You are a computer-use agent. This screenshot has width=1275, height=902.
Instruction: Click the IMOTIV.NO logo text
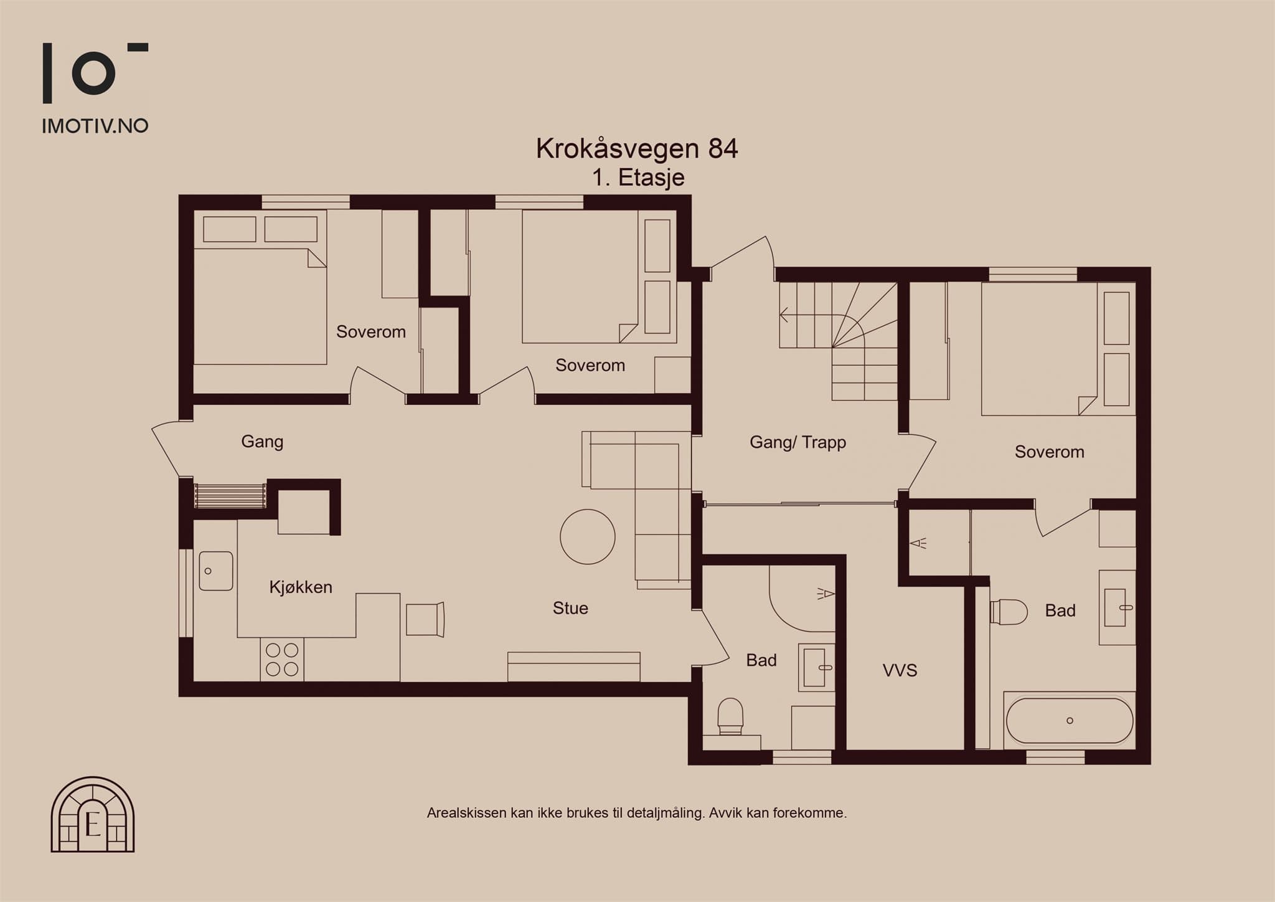click(x=95, y=126)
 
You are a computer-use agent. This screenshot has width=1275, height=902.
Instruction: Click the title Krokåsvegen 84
click(x=637, y=149)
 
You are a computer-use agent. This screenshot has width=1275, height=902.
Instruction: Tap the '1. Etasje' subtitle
click(x=638, y=178)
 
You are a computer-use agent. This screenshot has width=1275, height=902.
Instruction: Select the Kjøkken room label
click(x=301, y=587)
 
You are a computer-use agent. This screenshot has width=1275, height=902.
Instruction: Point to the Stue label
click(x=570, y=608)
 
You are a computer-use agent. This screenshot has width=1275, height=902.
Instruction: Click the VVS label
click(x=900, y=670)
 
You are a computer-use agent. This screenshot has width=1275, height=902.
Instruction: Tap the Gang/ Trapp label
click(x=797, y=442)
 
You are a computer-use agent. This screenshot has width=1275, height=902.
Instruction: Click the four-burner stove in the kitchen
click(x=282, y=660)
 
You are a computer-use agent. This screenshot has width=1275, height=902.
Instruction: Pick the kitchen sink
click(x=216, y=571)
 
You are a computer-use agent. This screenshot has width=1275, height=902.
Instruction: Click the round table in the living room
click(x=588, y=537)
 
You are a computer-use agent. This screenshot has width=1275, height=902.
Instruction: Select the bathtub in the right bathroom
click(x=1070, y=721)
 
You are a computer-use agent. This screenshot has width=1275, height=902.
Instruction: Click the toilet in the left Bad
click(x=731, y=718)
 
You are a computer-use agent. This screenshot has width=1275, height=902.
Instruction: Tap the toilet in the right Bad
click(x=1009, y=612)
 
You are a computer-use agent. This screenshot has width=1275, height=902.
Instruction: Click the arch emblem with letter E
click(x=93, y=814)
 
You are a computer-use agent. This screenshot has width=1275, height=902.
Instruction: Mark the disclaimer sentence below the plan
click(x=637, y=813)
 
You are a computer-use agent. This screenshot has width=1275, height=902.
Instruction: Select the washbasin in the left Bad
click(x=816, y=667)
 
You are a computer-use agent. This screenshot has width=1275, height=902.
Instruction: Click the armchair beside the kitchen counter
click(x=426, y=619)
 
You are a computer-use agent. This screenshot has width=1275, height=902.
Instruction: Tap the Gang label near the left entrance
click(x=262, y=442)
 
